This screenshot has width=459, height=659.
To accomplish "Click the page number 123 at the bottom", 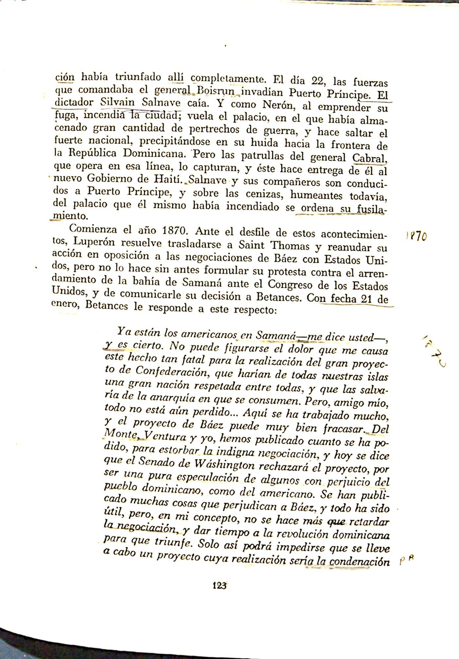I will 220,585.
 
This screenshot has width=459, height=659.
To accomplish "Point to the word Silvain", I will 117,102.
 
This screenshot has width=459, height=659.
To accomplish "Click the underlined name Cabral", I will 369,158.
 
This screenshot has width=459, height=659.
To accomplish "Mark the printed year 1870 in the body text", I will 175,230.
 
